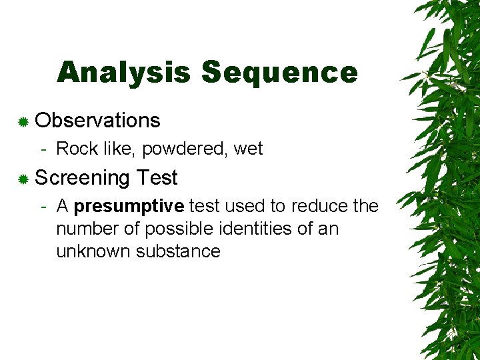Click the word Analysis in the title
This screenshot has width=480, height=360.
point(124,73)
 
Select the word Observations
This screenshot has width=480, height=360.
point(97,121)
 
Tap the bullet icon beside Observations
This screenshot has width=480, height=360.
point(23,121)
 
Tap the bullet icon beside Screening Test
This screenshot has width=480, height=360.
point(23,179)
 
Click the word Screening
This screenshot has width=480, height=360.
point(82,179)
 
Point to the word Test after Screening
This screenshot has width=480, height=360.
point(156,178)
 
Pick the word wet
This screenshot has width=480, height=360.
point(249,149)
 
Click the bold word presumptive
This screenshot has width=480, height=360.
point(129,207)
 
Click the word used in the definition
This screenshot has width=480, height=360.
point(243,206)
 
